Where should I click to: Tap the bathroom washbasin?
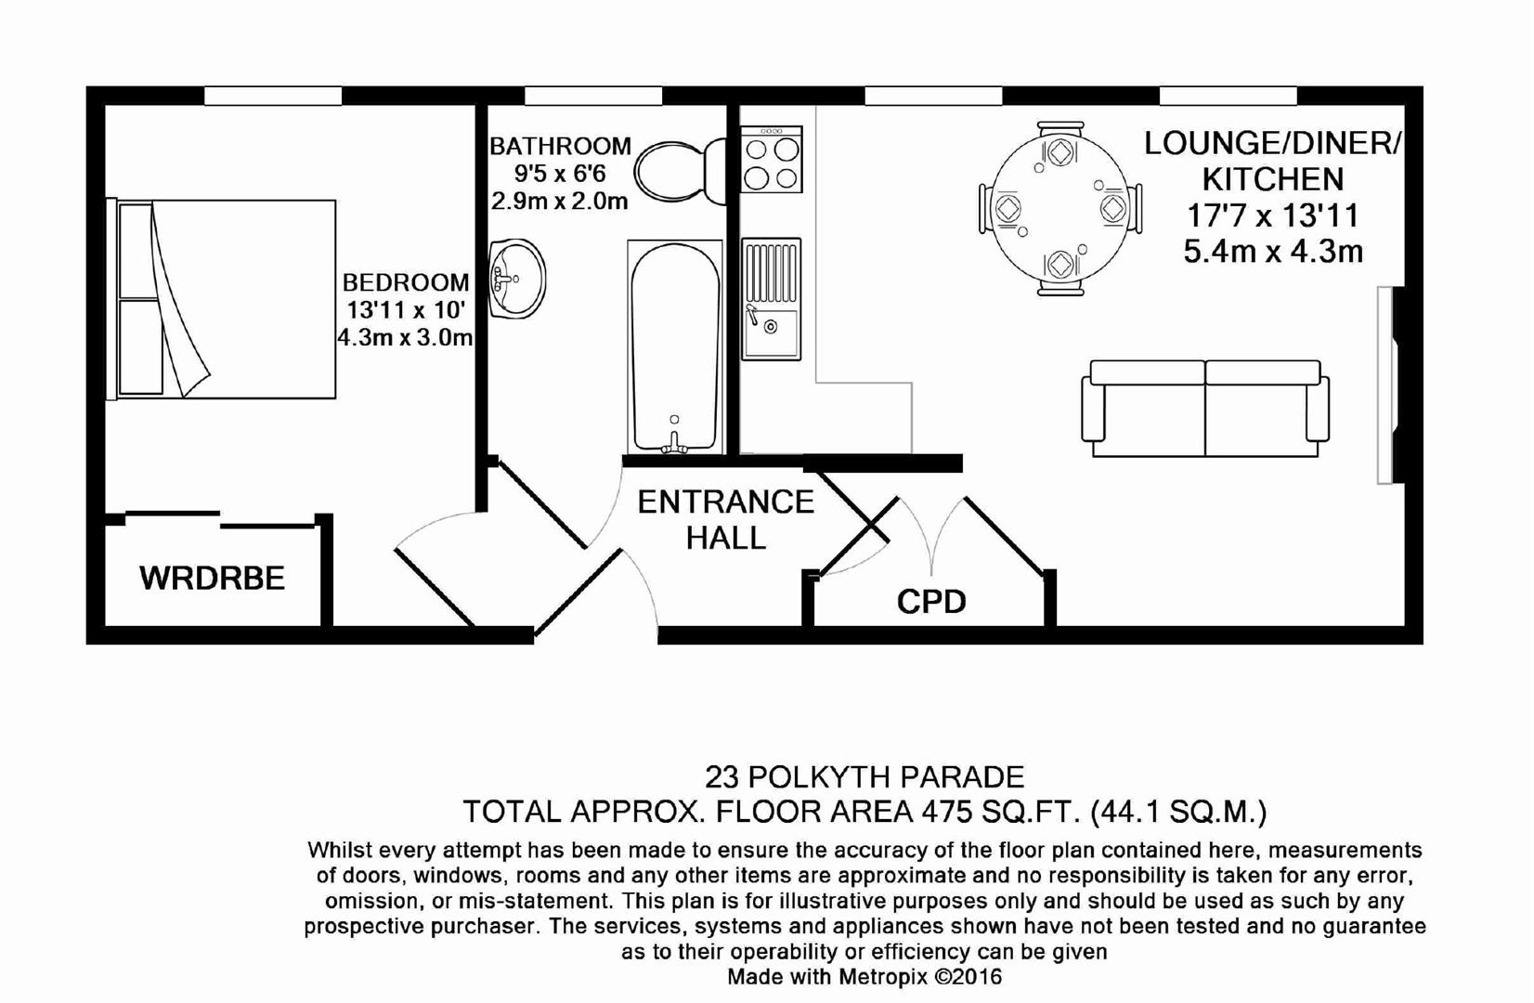(517, 279)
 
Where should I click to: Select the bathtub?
(674, 346)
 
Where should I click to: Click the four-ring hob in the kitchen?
(772, 159)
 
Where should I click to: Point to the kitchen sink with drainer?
(771, 299)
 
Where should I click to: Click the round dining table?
(1059, 208)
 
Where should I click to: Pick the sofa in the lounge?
(1205, 409)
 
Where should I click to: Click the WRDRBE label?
(213, 579)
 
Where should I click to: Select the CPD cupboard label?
(931, 602)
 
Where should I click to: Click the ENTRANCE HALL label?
(726, 520)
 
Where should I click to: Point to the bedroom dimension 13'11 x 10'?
(406, 310)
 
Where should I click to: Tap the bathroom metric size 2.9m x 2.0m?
(560, 202)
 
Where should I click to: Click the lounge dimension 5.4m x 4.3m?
(1273, 252)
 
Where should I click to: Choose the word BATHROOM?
(560, 146)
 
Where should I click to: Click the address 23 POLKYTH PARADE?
(864, 777)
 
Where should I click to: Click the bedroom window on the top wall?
(273, 96)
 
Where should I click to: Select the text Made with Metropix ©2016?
(864, 977)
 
